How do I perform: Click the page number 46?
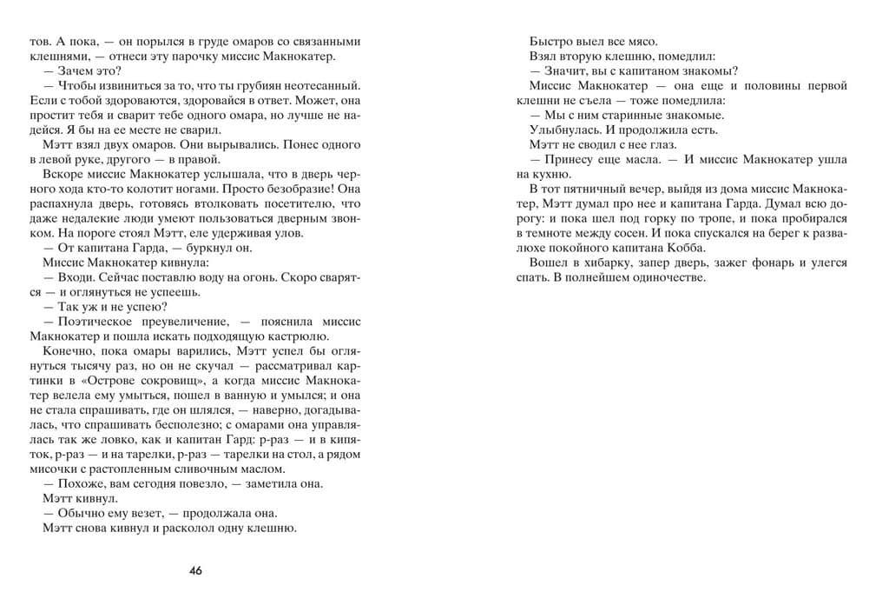point(196,571)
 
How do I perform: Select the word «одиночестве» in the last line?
point(667,277)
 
